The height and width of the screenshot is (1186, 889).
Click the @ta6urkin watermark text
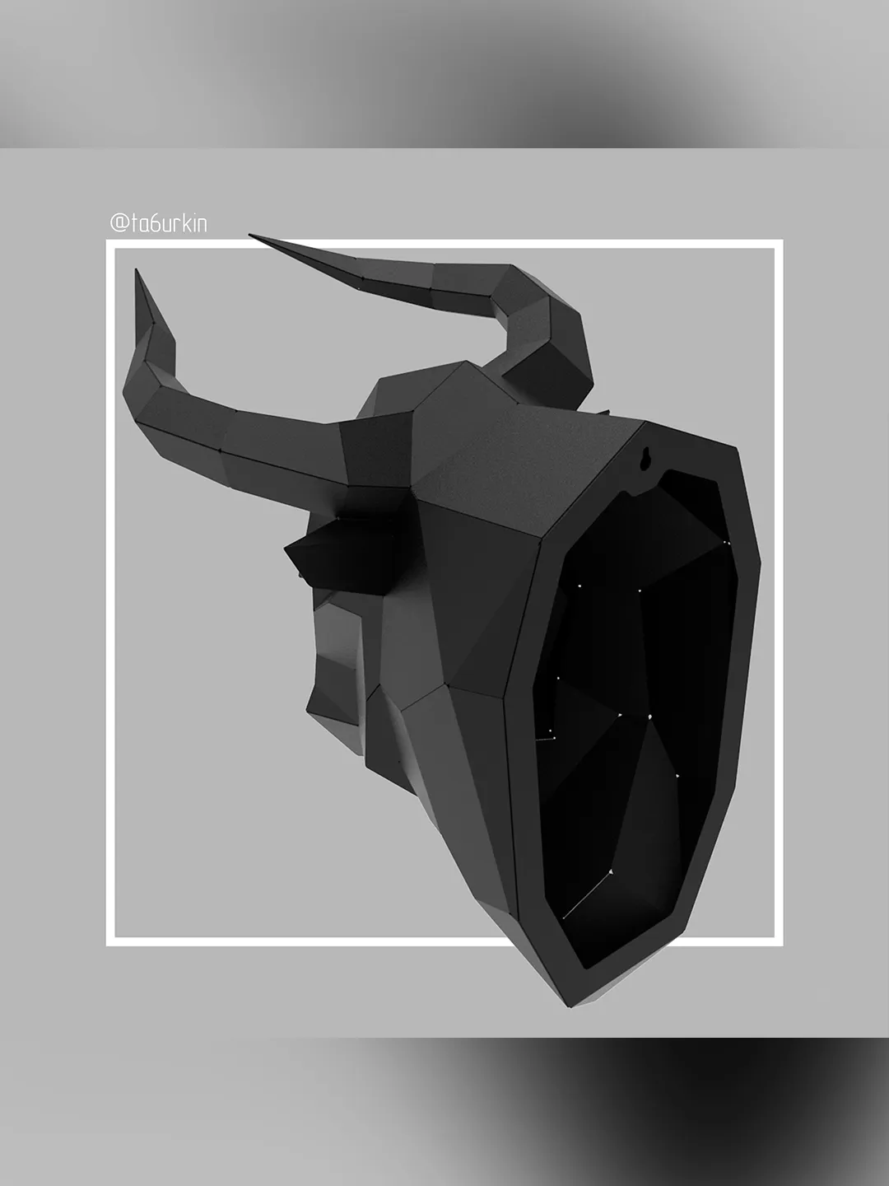[159, 223]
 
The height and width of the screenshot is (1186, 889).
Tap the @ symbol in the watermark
[119, 223]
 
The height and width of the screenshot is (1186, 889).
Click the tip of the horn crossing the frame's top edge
[250, 236]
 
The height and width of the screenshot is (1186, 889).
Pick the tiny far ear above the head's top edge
[604, 411]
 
